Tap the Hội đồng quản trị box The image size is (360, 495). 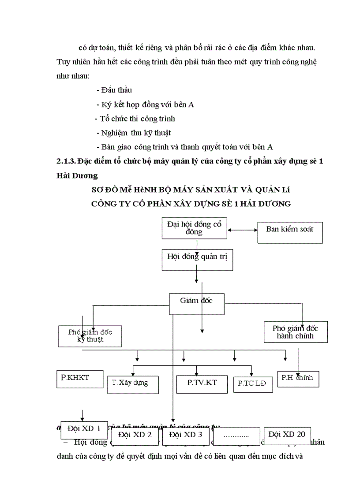point(197,259)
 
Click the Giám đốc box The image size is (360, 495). point(197,304)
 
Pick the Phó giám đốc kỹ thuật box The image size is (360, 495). point(90,336)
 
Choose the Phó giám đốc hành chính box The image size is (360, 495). point(296,332)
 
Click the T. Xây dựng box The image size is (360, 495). point(134,383)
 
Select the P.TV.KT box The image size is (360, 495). point(202,383)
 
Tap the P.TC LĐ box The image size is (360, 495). point(253,384)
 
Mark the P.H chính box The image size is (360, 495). point(298,378)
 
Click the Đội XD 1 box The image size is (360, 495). point(84,428)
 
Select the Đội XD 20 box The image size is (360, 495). point(287,434)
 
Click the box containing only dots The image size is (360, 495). point(236,436)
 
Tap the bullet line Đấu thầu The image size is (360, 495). point(114,90)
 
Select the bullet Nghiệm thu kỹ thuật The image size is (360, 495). point(134,132)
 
